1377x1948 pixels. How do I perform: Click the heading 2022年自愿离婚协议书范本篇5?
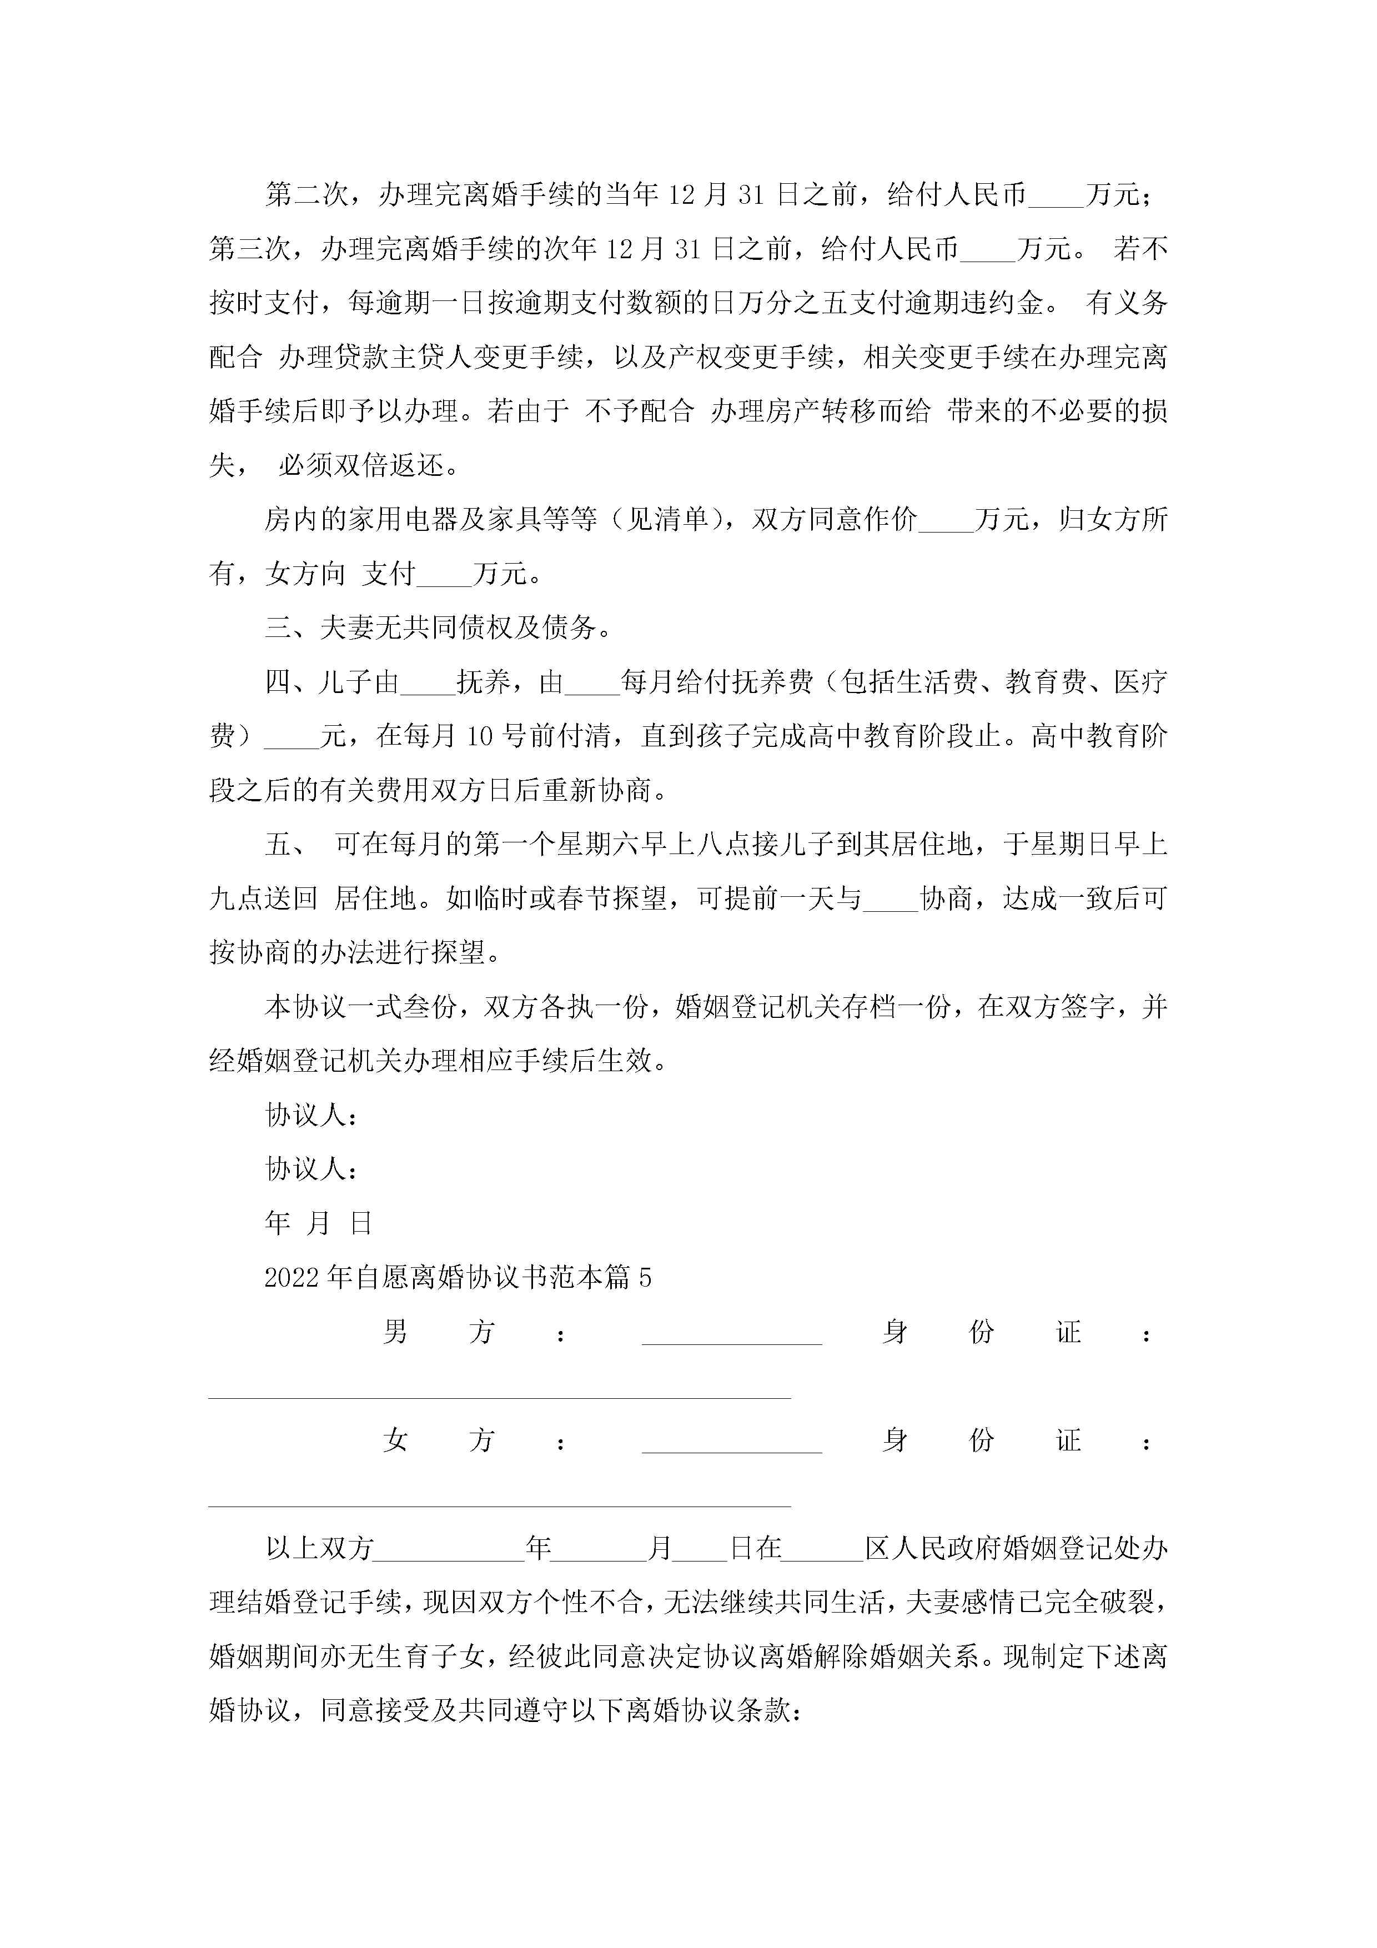pyautogui.click(x=458, y=1278)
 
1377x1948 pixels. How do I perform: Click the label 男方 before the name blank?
pyautogui.click(x=438, y=1333)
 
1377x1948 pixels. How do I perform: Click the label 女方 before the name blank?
pyautogui.click(x=438, y=1440)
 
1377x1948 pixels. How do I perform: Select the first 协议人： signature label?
pyautogui.click(x=310, y=1116)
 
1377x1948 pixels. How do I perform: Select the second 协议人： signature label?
pyautogui.click(x=310, y=1169)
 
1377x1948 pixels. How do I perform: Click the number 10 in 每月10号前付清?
pyautogui.click(x=479, y=736)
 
